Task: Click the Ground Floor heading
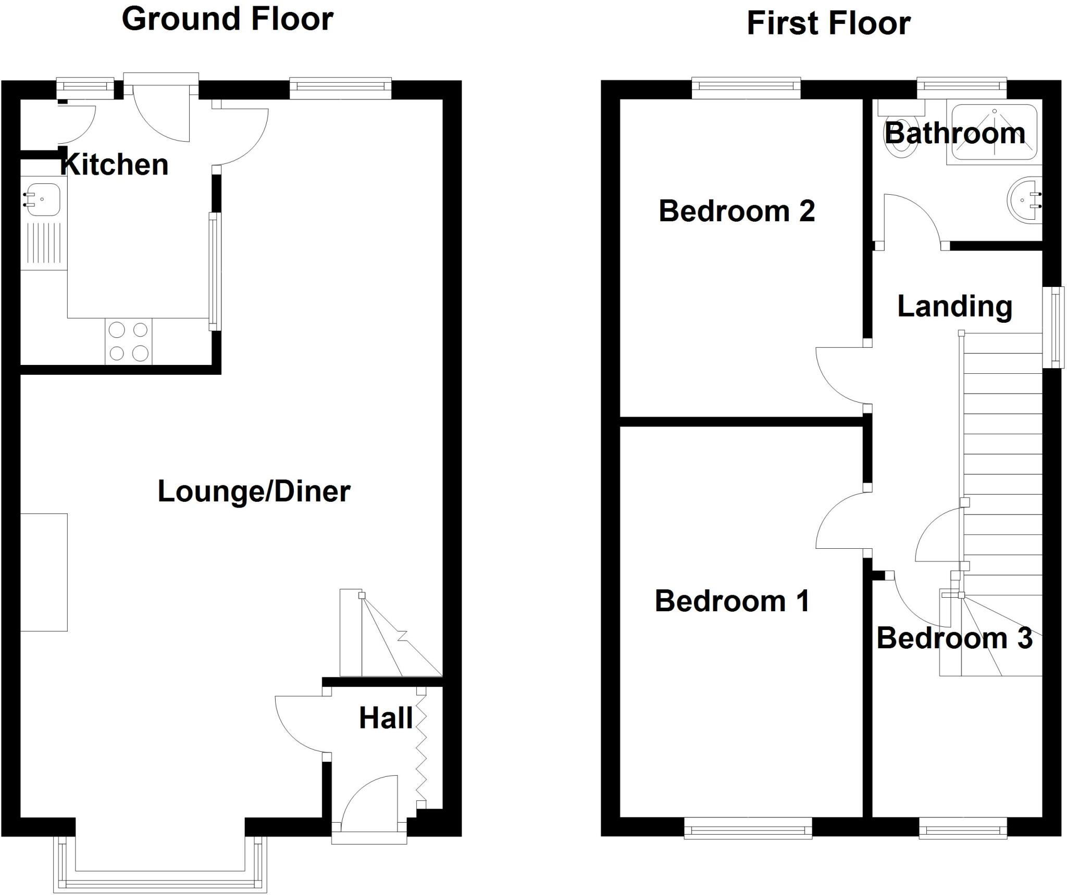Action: (227, 20)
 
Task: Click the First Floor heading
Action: (828, 24)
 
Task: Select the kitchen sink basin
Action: (43, 199)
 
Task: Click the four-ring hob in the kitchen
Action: (128, 342)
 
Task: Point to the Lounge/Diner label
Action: (254, 491)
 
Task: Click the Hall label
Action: (386, 718)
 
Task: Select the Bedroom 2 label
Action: (736, 211)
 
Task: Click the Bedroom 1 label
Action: (732, 601)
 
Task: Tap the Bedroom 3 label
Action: (954, 638)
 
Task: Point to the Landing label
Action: (954, 306)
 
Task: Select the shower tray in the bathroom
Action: (994, 131)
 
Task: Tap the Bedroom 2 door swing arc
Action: (839, 376)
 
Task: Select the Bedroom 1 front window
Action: (748, 827)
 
